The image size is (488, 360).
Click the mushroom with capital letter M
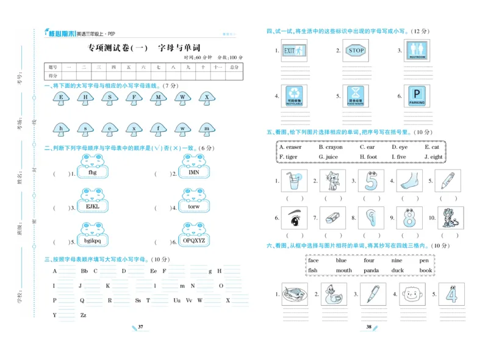(158, 98)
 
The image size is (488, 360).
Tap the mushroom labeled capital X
(207, 98)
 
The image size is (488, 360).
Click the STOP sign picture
(356, 51)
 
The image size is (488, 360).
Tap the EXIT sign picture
(293, 51)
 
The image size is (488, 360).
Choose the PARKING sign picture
(417, 96)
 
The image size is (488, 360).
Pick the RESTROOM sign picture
(417, 51)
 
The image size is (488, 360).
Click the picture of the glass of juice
(295, 181)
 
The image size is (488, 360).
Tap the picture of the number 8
(409, 218)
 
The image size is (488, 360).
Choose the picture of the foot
(409, 181)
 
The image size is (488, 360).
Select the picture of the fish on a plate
(295, 295)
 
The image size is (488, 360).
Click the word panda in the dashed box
(371, 270)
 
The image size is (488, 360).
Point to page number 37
(140, 328)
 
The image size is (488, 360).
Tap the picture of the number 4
(451, 294)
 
